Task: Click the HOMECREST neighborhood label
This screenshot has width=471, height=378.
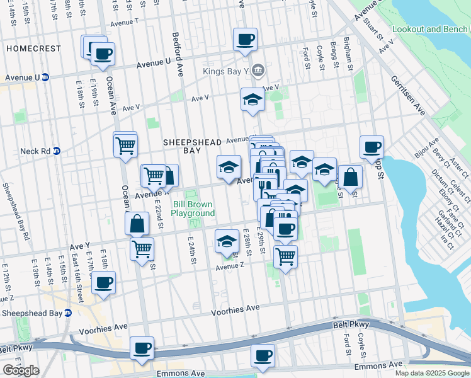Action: (34, 49)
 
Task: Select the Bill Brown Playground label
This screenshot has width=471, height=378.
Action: (194, 209)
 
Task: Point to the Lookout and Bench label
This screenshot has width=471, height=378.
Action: (431, 30)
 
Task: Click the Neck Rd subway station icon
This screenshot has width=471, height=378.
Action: (56, 151)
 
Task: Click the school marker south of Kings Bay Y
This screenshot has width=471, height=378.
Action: (253, 99)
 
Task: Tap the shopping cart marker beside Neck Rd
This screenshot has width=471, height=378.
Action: (125, 146)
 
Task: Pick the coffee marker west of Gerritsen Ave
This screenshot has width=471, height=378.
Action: (372, 147)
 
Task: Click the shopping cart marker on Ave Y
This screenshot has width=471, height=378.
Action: (142, 248)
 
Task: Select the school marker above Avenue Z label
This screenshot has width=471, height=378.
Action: (227, 241)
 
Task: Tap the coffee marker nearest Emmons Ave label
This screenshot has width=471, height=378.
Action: (263, 355)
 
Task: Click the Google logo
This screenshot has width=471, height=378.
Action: (21, 370)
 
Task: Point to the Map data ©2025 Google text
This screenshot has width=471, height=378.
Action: (432, 373)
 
